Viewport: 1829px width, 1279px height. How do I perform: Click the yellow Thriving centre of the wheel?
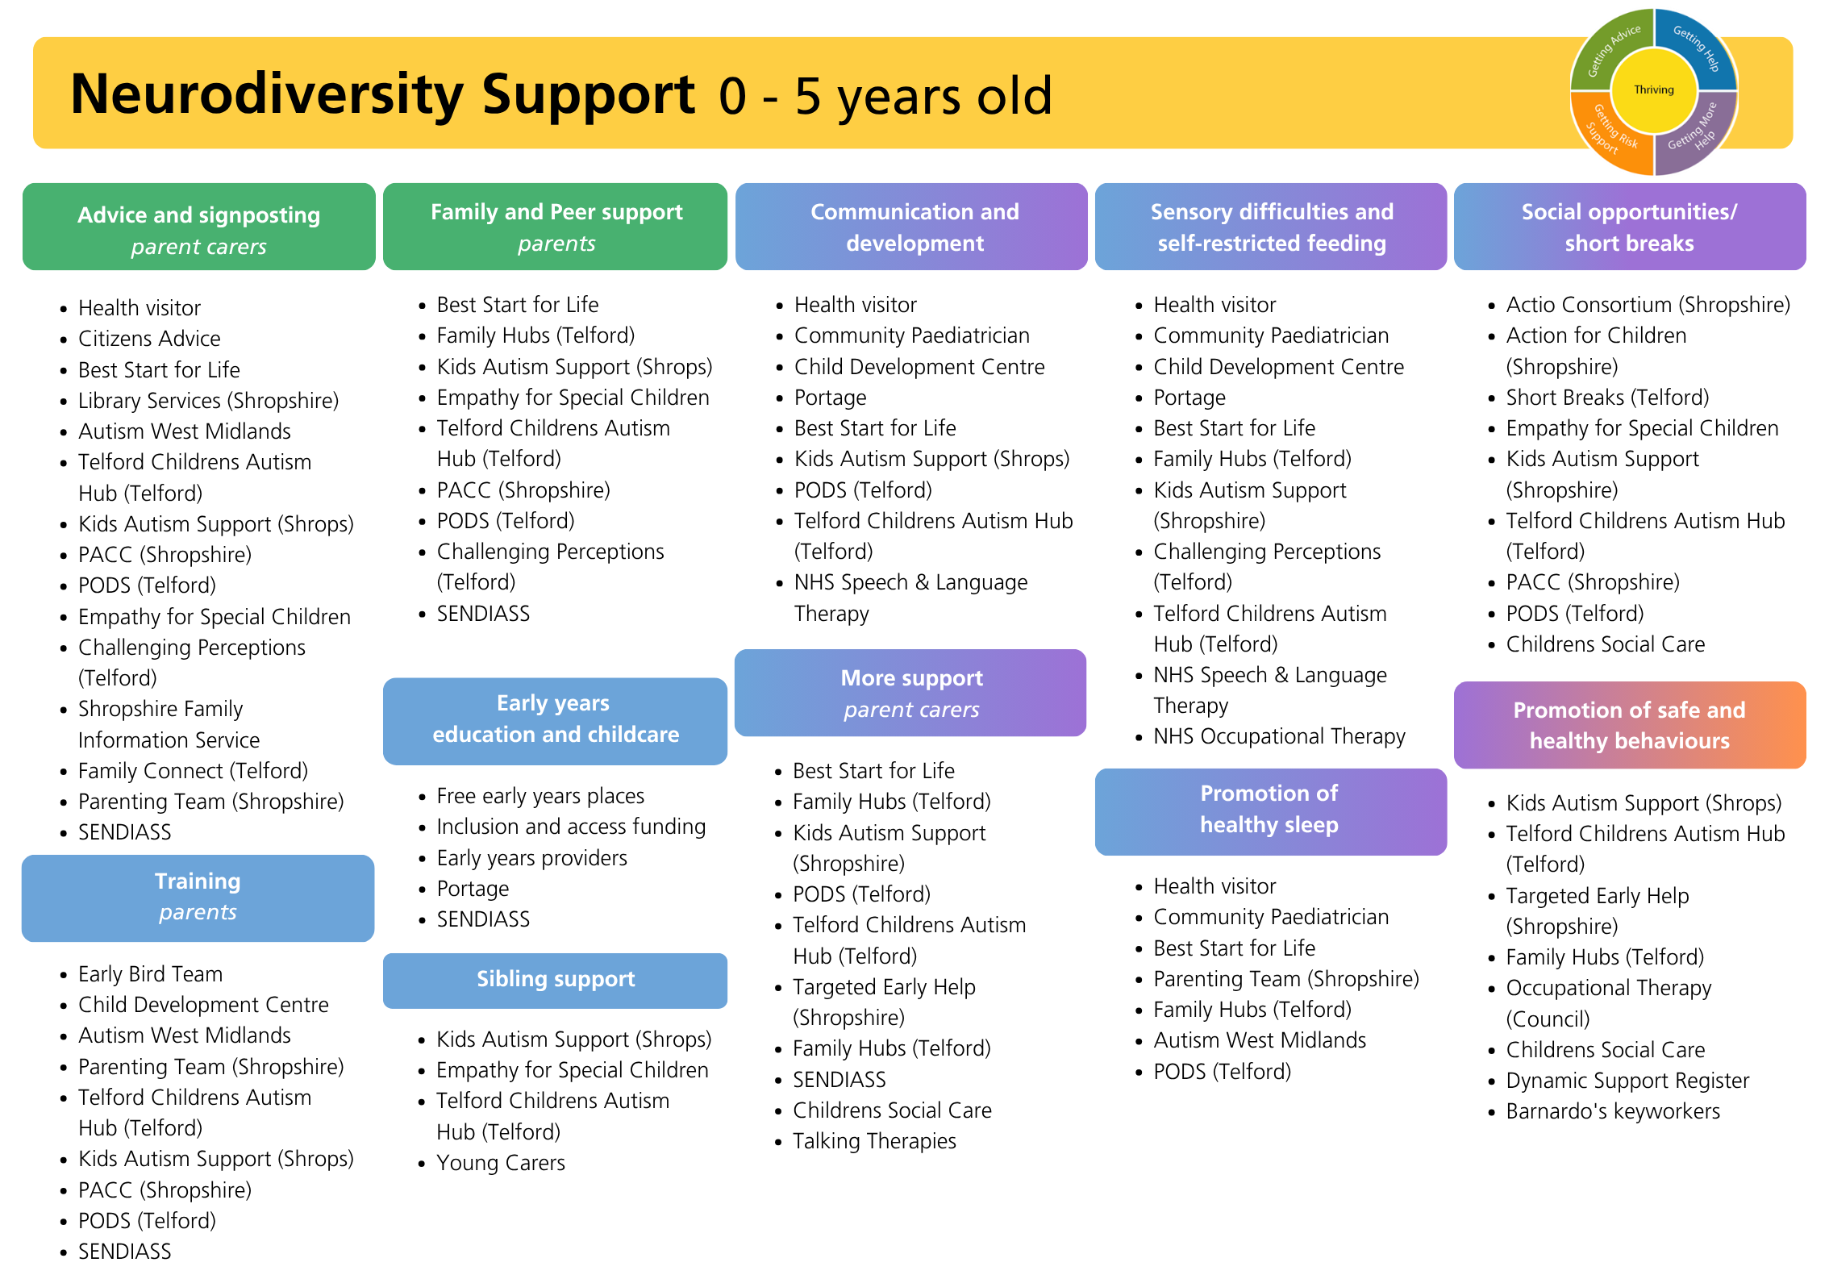pos(1653,90)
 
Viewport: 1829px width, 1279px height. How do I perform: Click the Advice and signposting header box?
pos(199,227)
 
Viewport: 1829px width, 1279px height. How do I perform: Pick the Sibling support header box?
pos(555,981)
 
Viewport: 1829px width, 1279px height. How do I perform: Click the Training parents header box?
pos(198,898)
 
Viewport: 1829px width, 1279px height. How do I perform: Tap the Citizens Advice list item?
pos(149,339)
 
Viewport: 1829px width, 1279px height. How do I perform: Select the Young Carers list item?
pos(501,1163)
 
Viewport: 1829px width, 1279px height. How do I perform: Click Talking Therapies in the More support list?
pos(874,1141)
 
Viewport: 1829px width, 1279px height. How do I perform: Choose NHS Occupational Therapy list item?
pos(1279,736)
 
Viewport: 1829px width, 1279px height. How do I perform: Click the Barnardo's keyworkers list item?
pos(1613,1111)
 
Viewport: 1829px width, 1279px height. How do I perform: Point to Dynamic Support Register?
pos(1627,1081)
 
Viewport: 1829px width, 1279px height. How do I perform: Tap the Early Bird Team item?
pos(150,974)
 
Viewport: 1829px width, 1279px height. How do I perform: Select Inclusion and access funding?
pos(571,827)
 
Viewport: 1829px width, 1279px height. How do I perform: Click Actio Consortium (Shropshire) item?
pos(1648,305)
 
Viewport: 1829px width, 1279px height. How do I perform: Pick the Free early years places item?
pos(540,796)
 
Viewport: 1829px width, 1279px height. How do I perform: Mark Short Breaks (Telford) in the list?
pos(1607,398)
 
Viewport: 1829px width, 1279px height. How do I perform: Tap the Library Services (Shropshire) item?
pos(208,401)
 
